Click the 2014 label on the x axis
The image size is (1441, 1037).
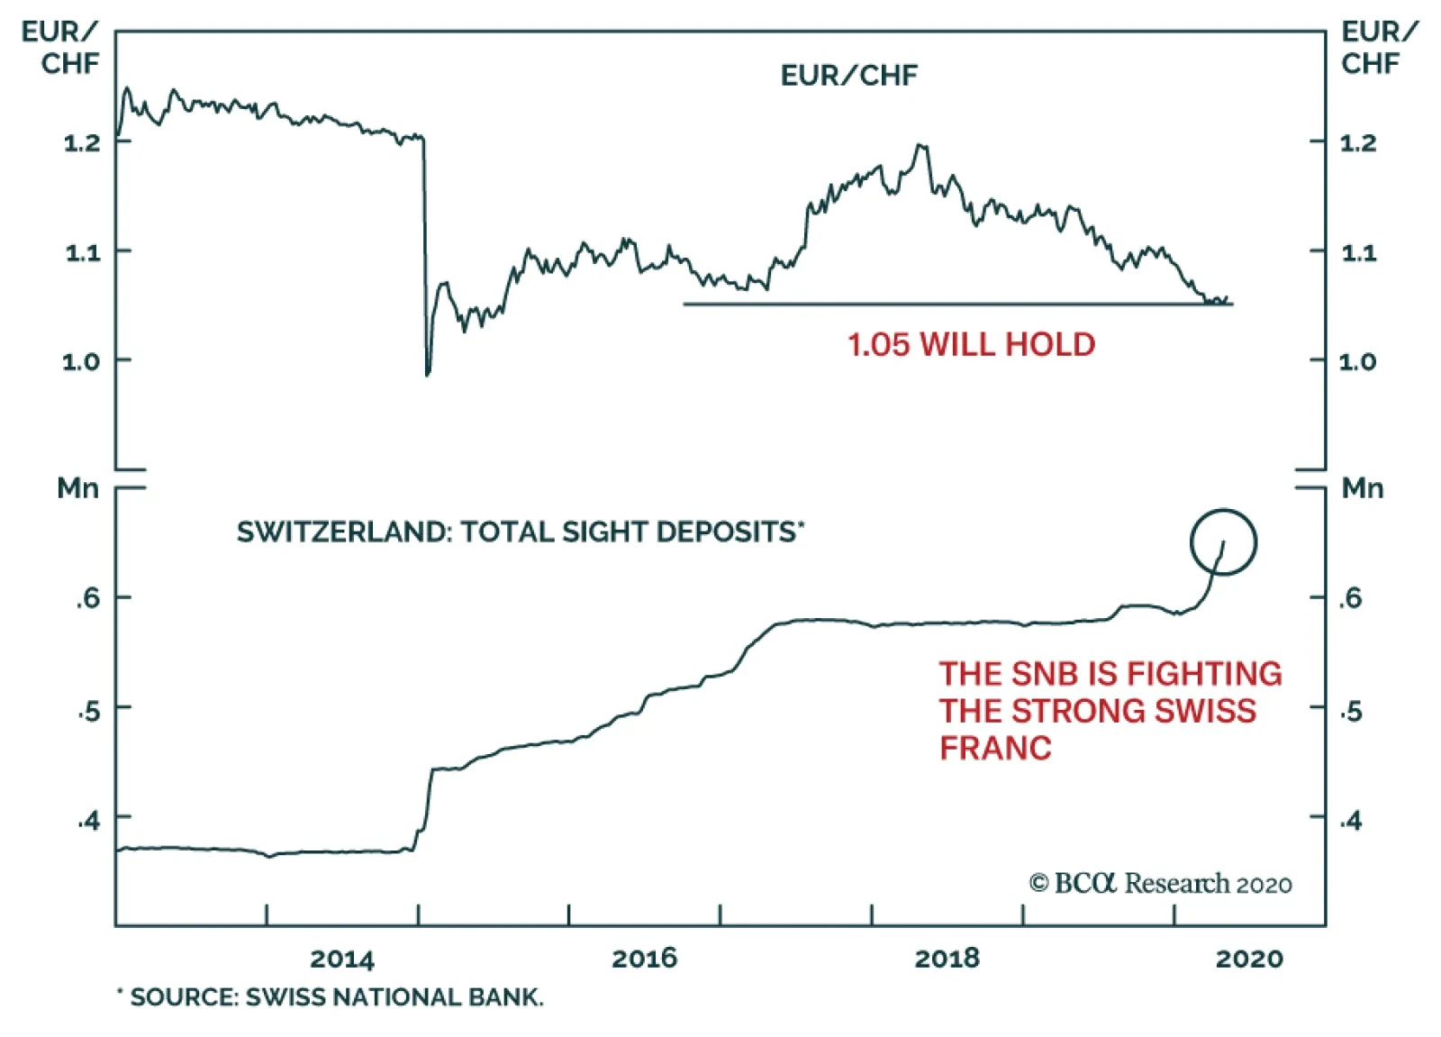(x=341, y=959)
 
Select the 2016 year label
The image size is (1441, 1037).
(x=644, y=959)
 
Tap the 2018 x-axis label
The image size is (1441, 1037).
(x=947, y=959)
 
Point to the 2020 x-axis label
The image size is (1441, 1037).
(x=1249, y=959)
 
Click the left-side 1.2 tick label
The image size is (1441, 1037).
(x=82, y=143)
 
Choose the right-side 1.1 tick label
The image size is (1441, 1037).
(x=1359, y=253)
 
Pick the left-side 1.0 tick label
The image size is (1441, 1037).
(x=82, y=362)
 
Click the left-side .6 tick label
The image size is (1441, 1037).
(x=88, y=598)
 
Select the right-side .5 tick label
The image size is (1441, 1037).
(x=1351, y=712)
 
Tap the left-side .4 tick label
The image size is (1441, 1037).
(x=88, y=821)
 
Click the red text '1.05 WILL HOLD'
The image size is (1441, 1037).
(x=971, y=344)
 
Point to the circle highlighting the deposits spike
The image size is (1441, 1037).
(x=1223, y=542)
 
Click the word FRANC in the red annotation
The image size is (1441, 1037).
(x=995, y=748)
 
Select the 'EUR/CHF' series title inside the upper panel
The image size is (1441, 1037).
(x=848, y=76)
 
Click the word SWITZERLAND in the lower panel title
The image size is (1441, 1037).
(x=342, y=532)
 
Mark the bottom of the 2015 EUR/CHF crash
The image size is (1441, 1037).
(x=428, y=373)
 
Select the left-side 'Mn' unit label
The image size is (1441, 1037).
(x=77, y=488)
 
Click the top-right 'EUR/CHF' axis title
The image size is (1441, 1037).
(x=1377, y=48)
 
